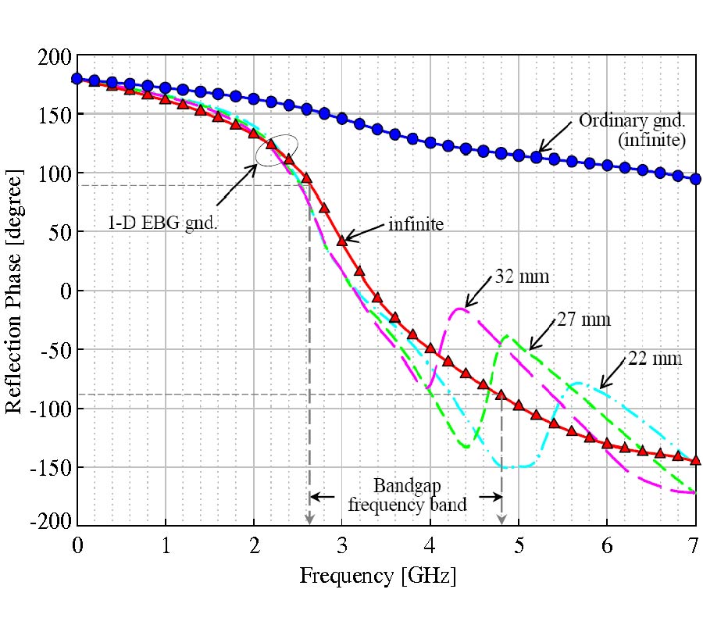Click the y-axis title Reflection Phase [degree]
click(x=16, y=291)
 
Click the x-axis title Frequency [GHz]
click(x=378, y=576)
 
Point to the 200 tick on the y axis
click(x=55, y=57)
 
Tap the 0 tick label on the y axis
click(x=65, y=291)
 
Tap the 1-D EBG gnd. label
click(x=162, y=223)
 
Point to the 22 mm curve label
click(x=655, y=359)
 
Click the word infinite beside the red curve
click(x=416, y=225)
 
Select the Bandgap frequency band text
click(x=407, y=495)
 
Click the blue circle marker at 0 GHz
click(x=77, y=79)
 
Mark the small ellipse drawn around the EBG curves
click(x=277, y=150)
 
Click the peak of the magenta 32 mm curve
click(x=461, y=309)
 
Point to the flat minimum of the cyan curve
click(x=517, y=467)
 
